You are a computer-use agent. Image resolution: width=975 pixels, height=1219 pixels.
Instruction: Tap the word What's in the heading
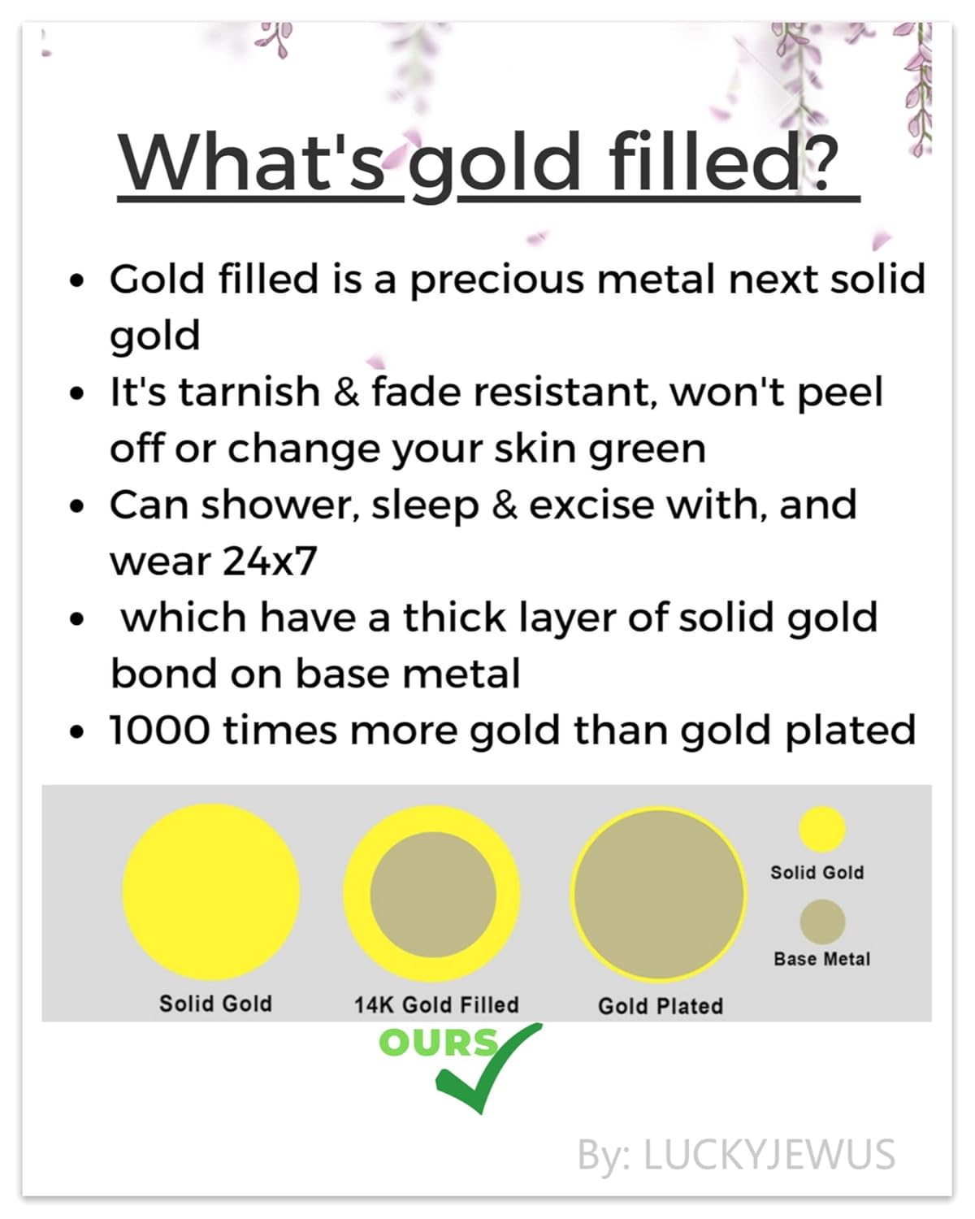click(x=251, y=162)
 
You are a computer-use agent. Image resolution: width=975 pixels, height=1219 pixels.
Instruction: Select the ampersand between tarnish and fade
click(x=346, y=392)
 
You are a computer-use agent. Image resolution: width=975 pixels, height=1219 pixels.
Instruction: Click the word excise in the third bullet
click(x=591, y=505)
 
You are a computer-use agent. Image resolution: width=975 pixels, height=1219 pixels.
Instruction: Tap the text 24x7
click(x=270, y=562)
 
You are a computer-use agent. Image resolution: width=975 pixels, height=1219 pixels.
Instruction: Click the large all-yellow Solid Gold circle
click(x=211, y=893)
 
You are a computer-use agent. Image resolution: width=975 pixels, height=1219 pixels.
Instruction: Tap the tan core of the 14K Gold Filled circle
click(x=433, y=896)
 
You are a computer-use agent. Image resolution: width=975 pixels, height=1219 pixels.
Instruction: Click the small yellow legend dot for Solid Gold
click(x=822, y=830)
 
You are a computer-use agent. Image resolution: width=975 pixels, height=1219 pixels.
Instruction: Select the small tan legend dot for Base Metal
click(x=822, y=922)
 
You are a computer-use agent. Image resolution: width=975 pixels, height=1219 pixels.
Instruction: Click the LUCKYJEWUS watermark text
click(x=769, y=1155)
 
